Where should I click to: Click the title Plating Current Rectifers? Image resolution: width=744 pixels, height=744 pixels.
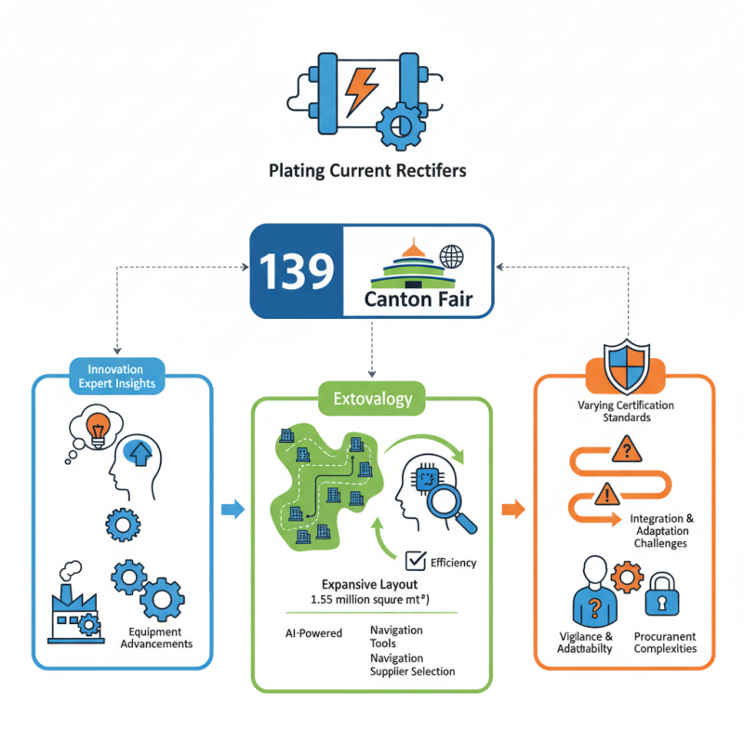point(367,171)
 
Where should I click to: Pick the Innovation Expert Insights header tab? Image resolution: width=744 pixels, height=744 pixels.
point(117,377)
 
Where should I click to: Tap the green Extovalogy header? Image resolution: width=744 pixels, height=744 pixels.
point(372,400)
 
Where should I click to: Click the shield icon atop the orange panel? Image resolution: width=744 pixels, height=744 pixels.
point(624,365)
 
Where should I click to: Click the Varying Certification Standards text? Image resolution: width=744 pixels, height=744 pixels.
point(625,412)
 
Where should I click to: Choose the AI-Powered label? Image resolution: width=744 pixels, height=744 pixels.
point(313,633)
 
